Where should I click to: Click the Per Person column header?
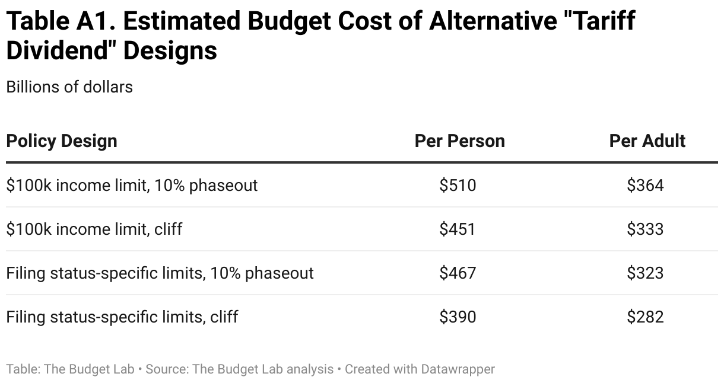pos(459,141)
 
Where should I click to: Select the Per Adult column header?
pos(647,141)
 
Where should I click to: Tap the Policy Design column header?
pos(62,141)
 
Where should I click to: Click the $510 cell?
pos(458,186)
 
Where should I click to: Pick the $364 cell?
pos(645,186)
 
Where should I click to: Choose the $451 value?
pos(458,229)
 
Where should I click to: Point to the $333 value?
pos(645,229)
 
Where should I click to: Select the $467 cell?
pos(458,273)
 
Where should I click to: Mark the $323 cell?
pos(645,273)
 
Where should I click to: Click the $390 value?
pos(458,317)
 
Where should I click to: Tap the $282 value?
pos(645,317)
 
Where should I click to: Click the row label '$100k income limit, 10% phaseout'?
pos(132,186)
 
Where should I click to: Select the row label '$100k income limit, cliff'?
pos(94,229)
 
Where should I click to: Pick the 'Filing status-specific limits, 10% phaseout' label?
pos(160,273)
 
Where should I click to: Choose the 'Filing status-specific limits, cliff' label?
pos(122,317)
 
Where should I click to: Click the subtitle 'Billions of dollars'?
pos(69,87)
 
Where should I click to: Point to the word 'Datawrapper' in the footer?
pos(458,369)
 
